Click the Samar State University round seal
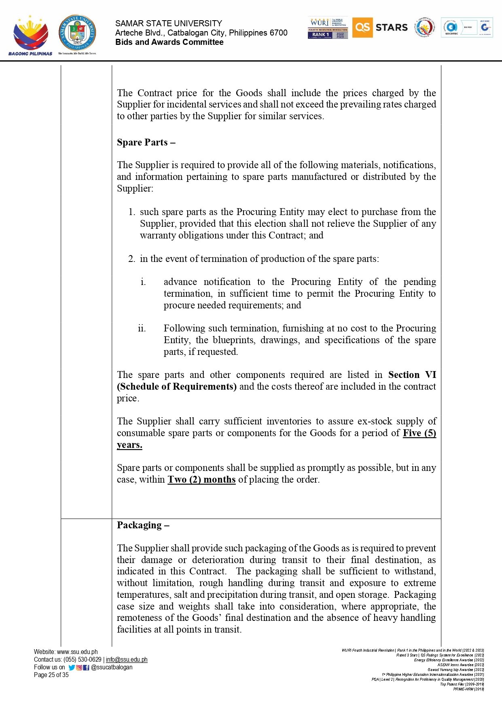77,34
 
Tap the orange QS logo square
362,27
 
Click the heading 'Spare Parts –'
146,143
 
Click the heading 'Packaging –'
143,525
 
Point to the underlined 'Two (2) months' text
201,480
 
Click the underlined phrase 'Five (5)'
419,433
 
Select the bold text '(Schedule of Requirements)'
177,387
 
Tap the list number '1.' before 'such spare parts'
131,212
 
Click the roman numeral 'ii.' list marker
142,329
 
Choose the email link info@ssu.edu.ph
127,660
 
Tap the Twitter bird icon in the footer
72,667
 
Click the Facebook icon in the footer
86,667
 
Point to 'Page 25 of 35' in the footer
51,675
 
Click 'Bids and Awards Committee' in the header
169,42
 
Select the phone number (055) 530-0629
83,660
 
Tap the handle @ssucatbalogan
112,667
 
